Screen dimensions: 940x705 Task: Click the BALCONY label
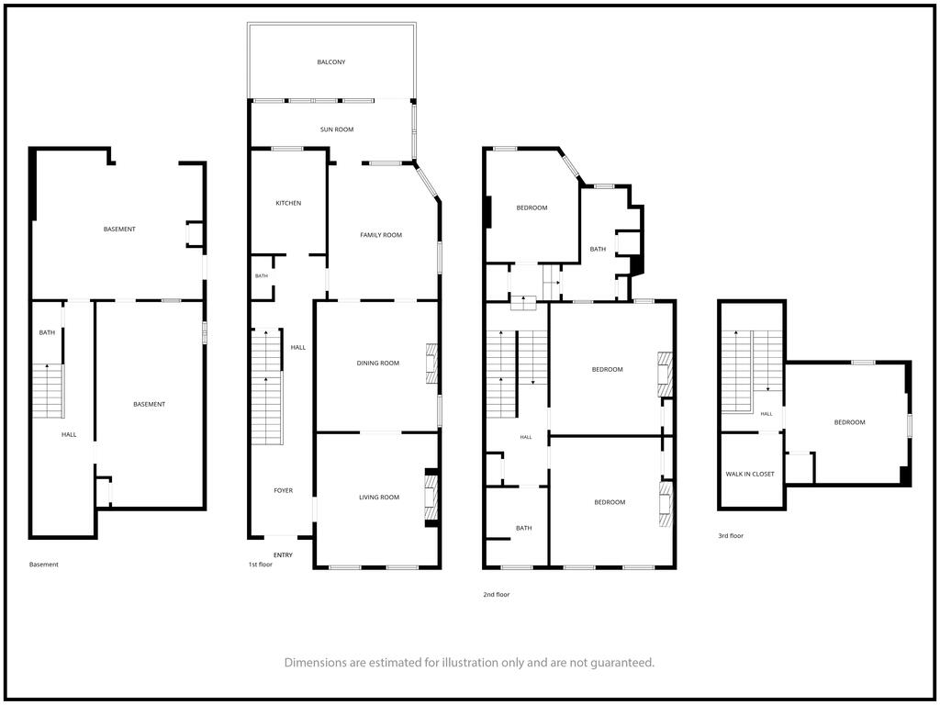pos(330,62)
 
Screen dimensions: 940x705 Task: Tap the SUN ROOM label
pos(337,129)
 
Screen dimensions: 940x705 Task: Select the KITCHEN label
pos(288,203)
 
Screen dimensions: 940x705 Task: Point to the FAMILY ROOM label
pos(381,235)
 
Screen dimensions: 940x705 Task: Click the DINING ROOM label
pos(377,363)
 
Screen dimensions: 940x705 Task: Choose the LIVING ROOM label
pos(379,497)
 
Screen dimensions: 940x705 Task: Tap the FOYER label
pos(284,490)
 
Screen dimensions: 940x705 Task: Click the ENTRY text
pos(283,555)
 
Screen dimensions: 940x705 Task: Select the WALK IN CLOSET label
pos(750,475)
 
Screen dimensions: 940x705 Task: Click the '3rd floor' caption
pos(731,536)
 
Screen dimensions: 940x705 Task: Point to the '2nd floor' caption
pos(497,595)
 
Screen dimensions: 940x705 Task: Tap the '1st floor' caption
pos(261,565)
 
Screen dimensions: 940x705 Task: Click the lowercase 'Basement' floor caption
pos(44,565)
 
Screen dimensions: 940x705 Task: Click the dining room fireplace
pos(431,364)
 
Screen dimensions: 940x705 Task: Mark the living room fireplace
pos(431,497)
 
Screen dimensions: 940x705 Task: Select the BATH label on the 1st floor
pos(262,275)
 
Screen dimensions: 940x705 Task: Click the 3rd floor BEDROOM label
pos(849,422)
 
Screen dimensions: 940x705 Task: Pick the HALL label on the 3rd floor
pos(767,414)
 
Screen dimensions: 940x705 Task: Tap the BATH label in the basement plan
pos(47,332)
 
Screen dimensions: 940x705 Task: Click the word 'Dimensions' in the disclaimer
pos(315,663)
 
